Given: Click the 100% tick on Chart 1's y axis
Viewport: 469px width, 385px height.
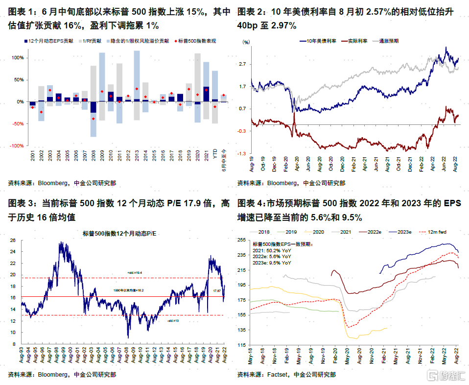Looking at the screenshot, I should (x=18, y=57).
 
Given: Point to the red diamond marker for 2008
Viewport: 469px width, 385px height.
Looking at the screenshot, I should (x=93, y=119).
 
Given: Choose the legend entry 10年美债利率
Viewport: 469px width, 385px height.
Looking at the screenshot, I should (x=321, y=41).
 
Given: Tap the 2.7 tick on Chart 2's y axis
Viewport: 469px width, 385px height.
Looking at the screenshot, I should (x=242, y=64).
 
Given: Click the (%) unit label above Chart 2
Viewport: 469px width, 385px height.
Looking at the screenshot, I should (x=246, y=42).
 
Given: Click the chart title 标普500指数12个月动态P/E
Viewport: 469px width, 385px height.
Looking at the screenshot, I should (x=120, y=233).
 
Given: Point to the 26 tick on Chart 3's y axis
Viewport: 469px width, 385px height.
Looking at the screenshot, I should (x=12, y=241).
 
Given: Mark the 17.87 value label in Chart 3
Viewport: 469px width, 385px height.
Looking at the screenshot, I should (x=217, y=291).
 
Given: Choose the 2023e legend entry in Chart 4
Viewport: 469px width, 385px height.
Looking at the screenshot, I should (x=404, y=232).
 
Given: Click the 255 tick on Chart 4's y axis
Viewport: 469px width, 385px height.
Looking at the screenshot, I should (x=241, y=241).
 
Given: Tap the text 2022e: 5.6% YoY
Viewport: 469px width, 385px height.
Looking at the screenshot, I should (x=272, y=256).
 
